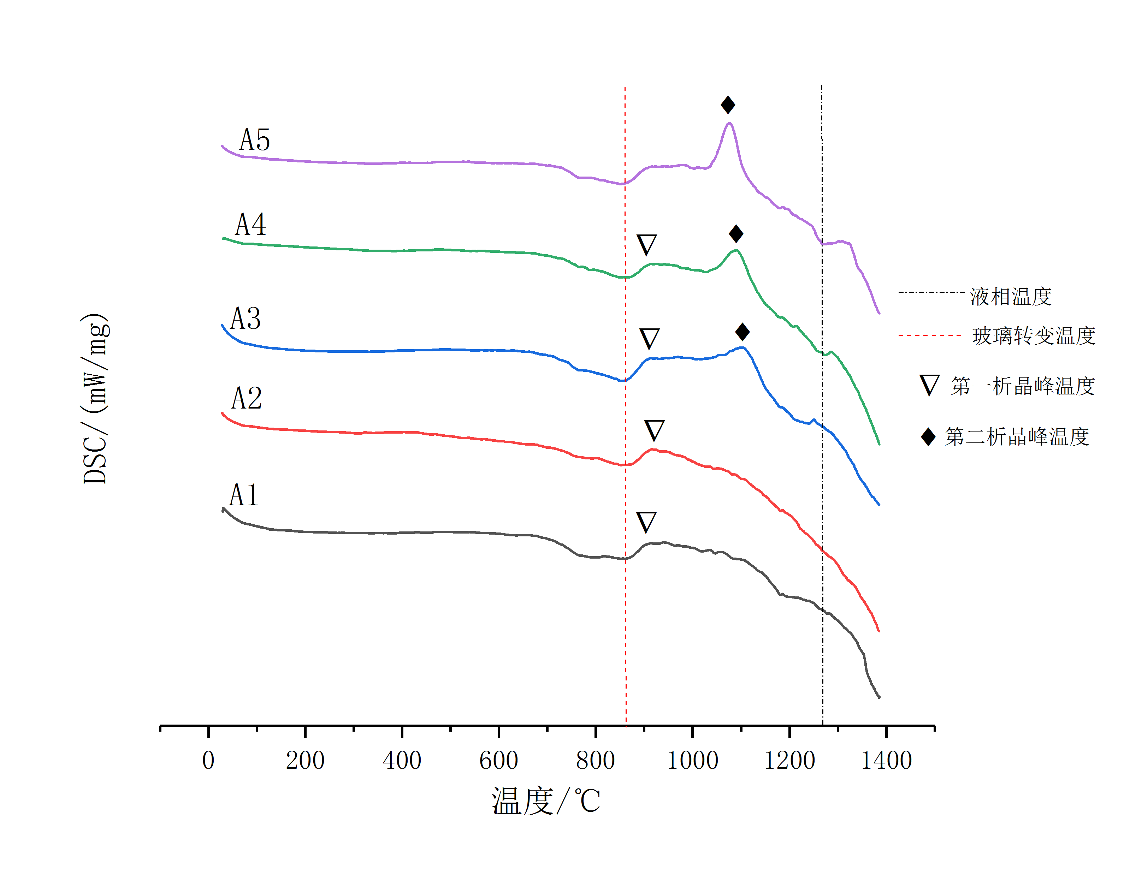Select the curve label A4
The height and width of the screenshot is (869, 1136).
[x=250, y=225]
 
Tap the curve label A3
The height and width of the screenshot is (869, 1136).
[x=245, y=319]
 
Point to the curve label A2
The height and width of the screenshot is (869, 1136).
[x=246, y=399]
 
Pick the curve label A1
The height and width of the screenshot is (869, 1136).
[x=244, y=495]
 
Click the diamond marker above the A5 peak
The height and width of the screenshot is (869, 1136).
[x=728, y=105]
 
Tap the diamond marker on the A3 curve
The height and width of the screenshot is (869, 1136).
[x=742, y=332]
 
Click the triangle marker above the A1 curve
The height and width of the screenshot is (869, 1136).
[x=646, y=522]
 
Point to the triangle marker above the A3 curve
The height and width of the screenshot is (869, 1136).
[x=649, y=339]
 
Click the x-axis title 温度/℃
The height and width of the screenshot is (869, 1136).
[x=546, y=801]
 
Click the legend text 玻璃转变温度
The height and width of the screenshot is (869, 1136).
[x=1034, y=336]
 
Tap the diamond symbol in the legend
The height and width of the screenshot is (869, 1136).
[x=928, y=437]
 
